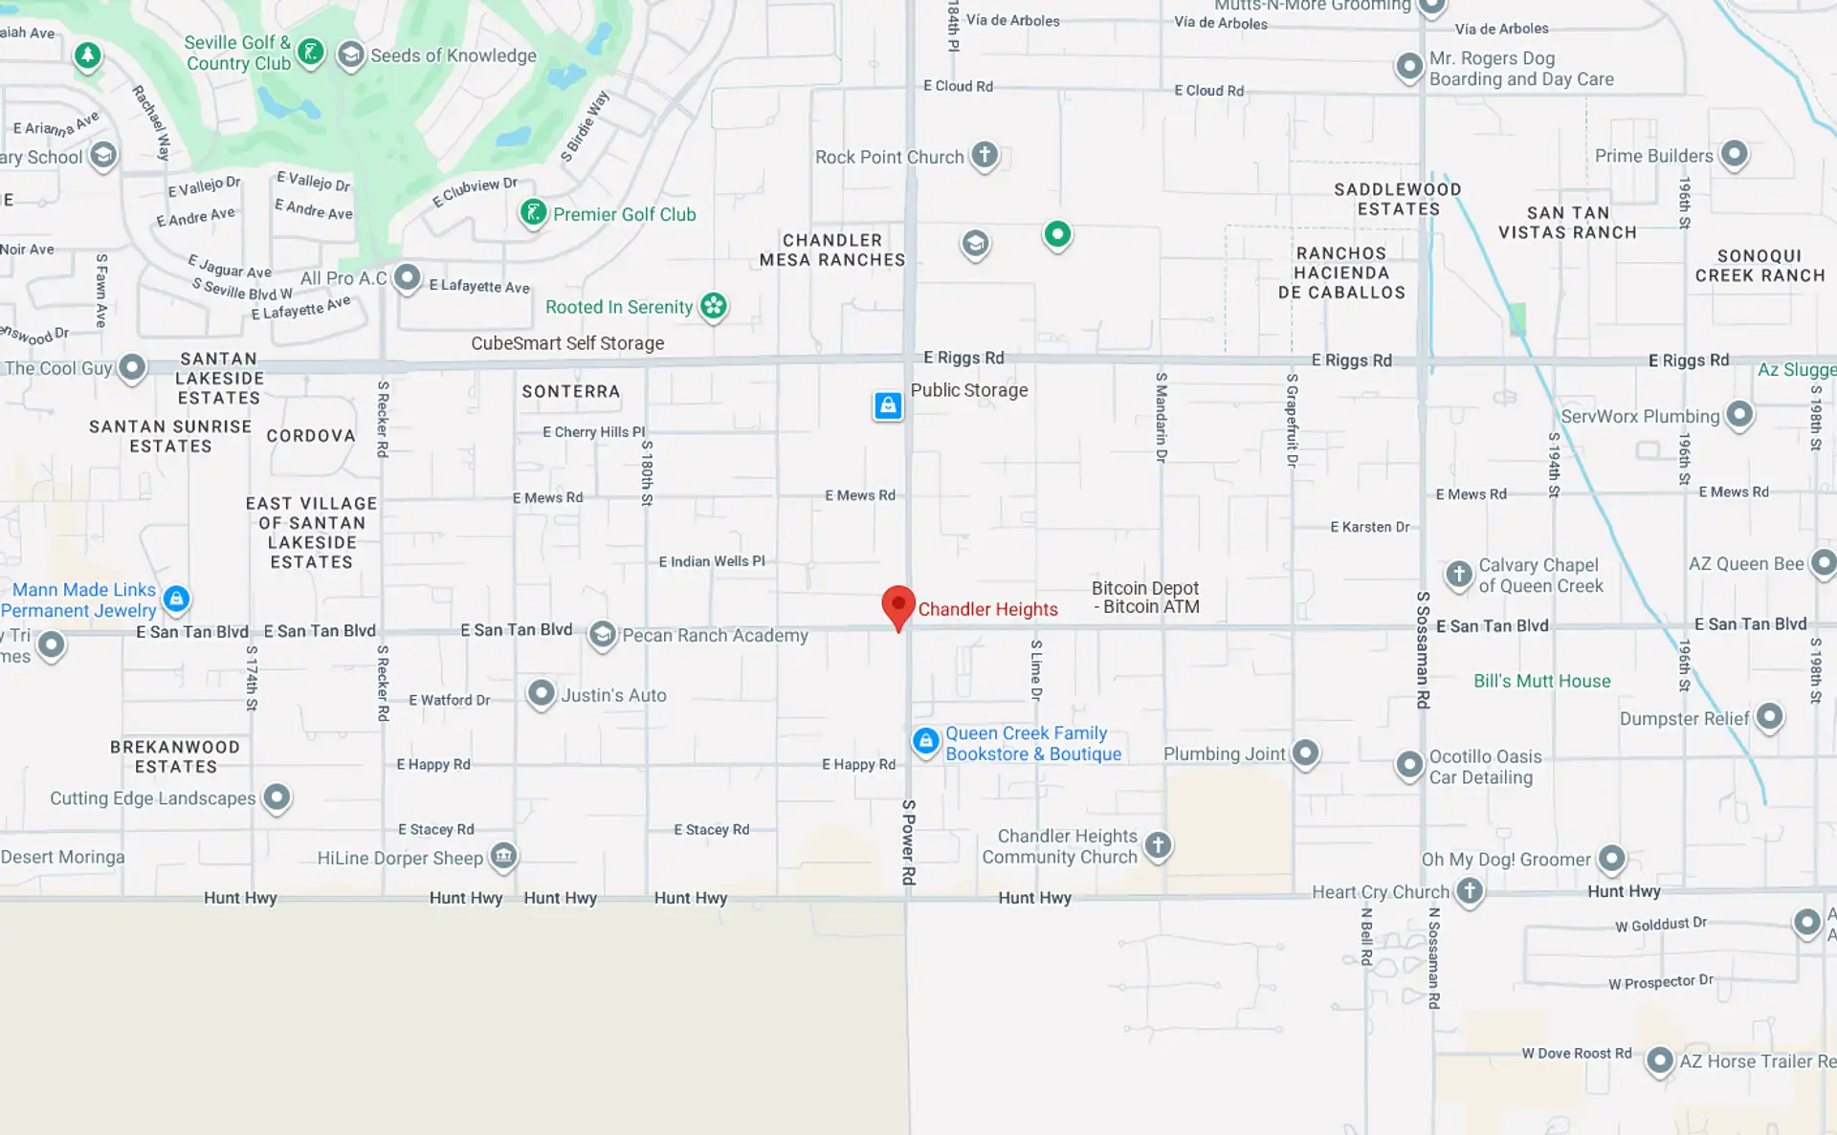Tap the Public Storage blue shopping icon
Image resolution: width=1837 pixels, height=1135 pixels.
[888, 405]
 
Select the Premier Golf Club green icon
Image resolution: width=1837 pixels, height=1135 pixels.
[533, 212]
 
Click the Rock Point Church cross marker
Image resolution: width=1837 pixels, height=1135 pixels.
[985, 154]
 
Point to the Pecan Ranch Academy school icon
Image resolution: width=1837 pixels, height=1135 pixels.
[602, 634]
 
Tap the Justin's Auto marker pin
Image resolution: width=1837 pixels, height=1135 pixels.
[542, 693]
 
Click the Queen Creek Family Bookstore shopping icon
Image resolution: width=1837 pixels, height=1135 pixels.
[925, 741]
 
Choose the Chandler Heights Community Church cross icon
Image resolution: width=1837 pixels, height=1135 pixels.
[1158, 844]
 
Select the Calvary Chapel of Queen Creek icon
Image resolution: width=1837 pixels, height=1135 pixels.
[1458, 574]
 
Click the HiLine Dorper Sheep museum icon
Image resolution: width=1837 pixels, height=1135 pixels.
[504, 855]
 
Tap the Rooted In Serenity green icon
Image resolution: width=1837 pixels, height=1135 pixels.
[714, 306]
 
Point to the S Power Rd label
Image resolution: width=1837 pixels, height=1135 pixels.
[908, 841]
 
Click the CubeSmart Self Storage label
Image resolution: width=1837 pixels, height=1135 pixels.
[567, 343]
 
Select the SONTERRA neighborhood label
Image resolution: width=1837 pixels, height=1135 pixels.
[571, 391]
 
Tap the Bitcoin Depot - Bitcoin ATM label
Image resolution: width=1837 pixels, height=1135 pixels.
[1145, 598]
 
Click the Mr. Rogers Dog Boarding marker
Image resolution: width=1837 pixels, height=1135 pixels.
[1409, 67]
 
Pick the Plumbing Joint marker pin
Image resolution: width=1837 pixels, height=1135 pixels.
[1306, 753]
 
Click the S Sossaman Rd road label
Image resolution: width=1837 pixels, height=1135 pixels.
[1423, 650]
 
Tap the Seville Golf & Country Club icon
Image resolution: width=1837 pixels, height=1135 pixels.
[310, 52]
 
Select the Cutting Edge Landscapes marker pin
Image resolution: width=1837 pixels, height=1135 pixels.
[277, 797]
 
